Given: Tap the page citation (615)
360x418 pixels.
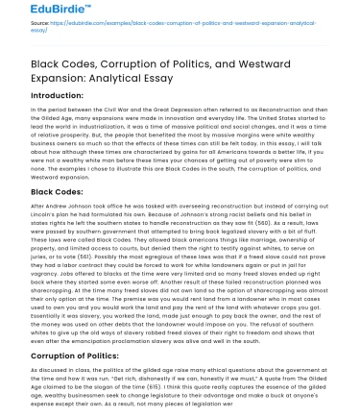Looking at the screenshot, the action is [173, 384].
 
